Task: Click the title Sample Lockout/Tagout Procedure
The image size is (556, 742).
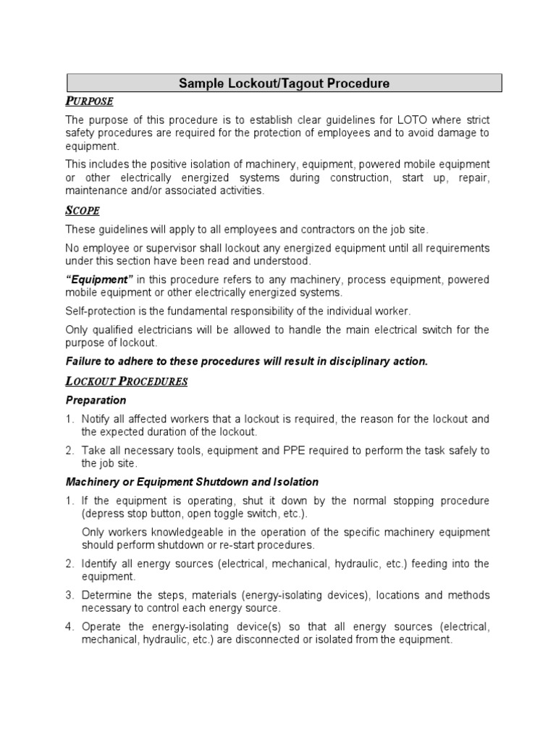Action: pos(284,83)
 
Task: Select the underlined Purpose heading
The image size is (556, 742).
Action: pos(89,101)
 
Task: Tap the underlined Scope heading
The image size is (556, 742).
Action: pos(83,211)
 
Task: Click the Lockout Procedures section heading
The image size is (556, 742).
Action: pos(127,381)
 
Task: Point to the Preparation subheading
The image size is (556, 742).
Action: pos(96,400)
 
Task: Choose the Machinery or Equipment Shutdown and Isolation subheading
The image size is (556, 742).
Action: pos(192,482)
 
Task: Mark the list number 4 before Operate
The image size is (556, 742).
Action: pos(69,627)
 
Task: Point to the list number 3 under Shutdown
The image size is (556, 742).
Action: pos(69,595)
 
